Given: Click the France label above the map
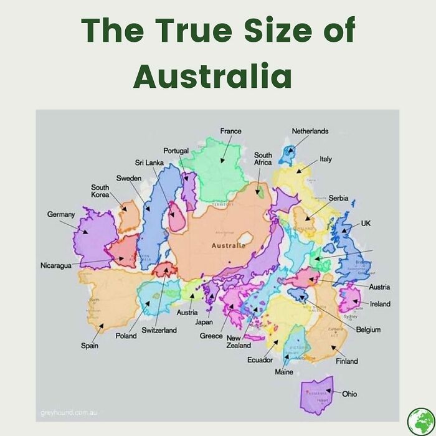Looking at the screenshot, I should coord(230,131).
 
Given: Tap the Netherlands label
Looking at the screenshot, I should coord(310,131).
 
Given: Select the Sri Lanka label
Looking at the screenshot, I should coord(149,163).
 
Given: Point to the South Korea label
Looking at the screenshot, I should coord(100,191).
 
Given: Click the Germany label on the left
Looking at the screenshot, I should coord(61,214).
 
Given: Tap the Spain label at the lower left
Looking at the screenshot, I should coord(89,346).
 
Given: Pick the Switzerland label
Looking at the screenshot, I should coord(159,329).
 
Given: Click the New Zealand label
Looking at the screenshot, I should coord(239,341).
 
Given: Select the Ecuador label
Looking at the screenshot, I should coord(260,360).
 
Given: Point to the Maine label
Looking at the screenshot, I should coord(283,372).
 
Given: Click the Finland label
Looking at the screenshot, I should coord(347,361).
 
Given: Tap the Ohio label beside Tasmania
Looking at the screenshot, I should coord(349,394).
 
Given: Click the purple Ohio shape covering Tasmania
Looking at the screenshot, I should coord(316,395).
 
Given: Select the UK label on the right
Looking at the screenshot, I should coord(366,222).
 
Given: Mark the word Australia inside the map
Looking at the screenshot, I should coord(229,246).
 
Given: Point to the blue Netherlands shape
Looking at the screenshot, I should coord(287,154).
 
